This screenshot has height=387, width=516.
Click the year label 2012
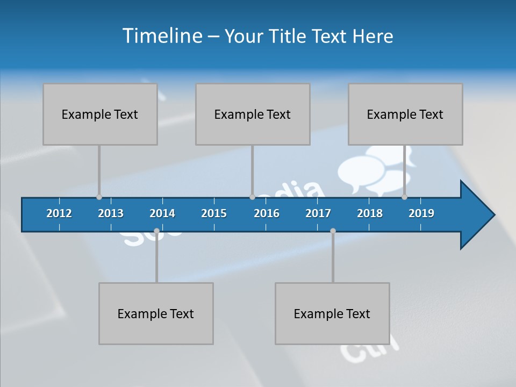[59, 213]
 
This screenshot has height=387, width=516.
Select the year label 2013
[111, 213]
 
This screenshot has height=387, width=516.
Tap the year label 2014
[162, 213]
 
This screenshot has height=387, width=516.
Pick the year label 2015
[214, 213]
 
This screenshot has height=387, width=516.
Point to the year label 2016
[267, 213]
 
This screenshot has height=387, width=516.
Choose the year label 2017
[318, 213]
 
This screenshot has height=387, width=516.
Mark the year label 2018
[370, 213]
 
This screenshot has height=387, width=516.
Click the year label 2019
[421, 213]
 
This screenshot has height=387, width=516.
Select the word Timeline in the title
[162, 36]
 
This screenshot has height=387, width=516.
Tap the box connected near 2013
[100, 114]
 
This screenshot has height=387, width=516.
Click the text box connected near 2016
[253, 114]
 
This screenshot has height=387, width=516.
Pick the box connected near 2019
[405, 114]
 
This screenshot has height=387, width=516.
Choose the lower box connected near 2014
[156, 313]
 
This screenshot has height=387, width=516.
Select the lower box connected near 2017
[332, 313]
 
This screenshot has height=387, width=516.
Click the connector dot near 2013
[99, 197]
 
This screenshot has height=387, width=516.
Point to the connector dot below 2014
[156, 231]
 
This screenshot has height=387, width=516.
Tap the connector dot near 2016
[252, 197]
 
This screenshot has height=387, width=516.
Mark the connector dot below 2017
[333, 231]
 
